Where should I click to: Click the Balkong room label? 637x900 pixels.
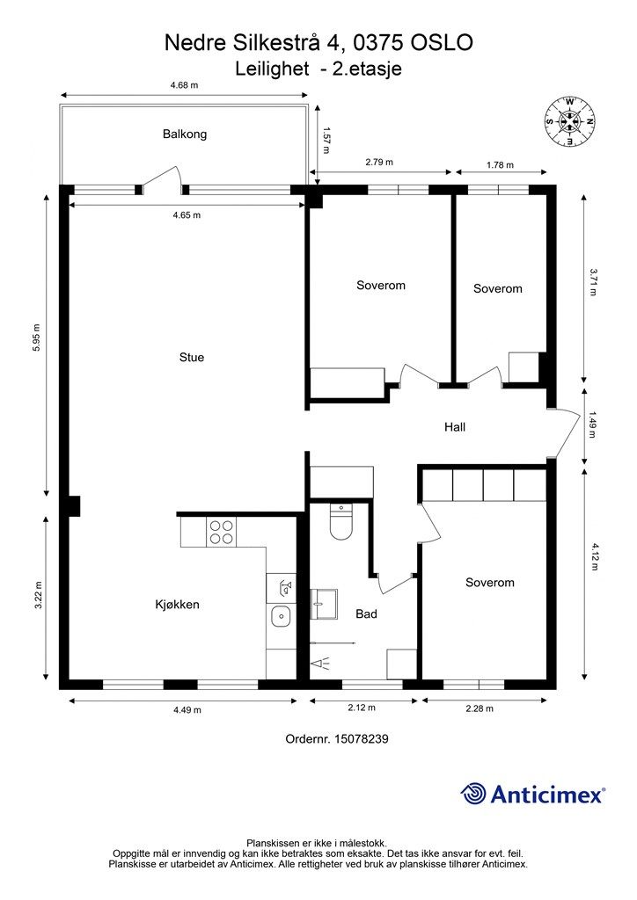tap(185, 134)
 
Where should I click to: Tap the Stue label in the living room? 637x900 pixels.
tap(191, 357)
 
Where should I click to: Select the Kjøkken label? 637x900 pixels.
tap(178, 605)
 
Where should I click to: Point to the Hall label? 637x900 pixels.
tap(454, 427)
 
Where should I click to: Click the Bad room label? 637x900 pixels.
tap(367, 614)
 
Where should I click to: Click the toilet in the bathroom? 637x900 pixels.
tap(340, 521)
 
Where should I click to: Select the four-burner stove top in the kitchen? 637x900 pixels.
tap(222, 532)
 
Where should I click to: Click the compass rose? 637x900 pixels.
tap(569, 120)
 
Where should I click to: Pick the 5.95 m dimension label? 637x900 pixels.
tap(37, 338)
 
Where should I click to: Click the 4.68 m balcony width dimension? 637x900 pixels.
tap(184, 85)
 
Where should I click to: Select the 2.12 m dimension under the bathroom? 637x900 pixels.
tap(362, 708)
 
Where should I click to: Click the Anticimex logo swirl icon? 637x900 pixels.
tap(473, 794)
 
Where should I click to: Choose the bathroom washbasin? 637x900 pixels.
tap(324, 604)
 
